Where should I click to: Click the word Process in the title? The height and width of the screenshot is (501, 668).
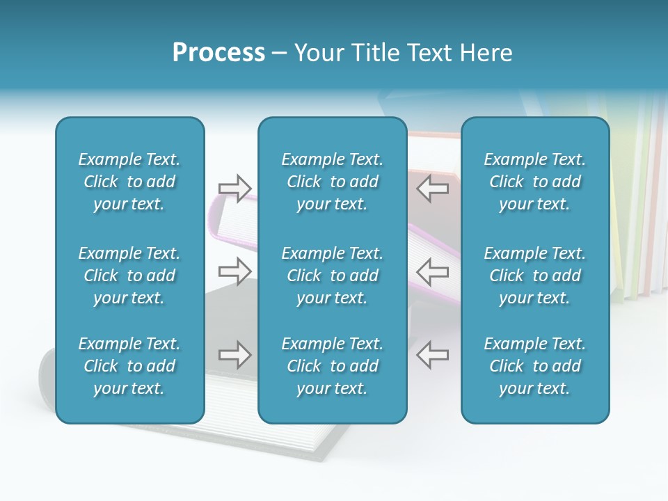pyautogui.click(x=218, y=53)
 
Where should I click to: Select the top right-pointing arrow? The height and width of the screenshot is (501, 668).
pyautogui.click(x=235, y=188)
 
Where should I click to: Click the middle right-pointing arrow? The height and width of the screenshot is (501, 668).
pyautogui.click(x=235, y=271)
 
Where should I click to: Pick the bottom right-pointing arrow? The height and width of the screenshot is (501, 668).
pyautogui.click(x=235, y=355)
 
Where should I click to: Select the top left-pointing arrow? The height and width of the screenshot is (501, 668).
pyautogui.click(x=432, y=188)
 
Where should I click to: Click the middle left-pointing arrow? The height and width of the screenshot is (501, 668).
pyautogui.click(x=432, y=271)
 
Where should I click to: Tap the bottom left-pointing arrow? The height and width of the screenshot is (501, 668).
pyautogui.click(x=432, y=355)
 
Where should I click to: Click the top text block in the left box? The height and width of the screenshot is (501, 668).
pyautogui.click(x=129, y=182)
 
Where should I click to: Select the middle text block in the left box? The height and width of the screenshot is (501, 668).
pyautogui.click(x=129, y=276)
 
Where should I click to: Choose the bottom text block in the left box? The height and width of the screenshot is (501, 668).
pyautogui.click(x=129, y=366)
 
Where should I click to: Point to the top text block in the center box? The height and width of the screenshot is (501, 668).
pyautogui.click(x=332, y=182)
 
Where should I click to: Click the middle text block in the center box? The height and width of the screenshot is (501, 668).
pyautogui.click(x=332, y=276)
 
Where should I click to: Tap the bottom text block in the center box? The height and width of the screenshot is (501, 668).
pyautogui.click(x=332, y=366)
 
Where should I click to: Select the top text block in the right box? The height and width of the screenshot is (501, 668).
pyautogui.click(x=534, y=182)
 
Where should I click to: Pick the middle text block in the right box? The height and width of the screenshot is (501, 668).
pyautogui.click(x=534, y=276)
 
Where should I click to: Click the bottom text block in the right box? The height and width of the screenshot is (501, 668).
pyautogui.click(x=534, y=366)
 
